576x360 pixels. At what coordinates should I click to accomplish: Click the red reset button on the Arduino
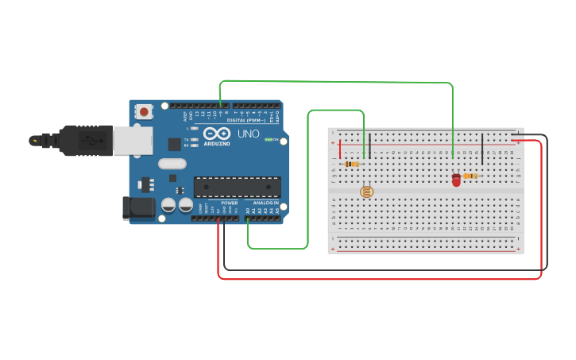[144, 112]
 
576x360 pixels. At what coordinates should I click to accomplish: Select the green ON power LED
[269, 140]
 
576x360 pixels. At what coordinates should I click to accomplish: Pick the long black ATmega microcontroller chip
[237, 187]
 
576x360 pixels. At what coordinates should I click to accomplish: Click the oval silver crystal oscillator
[172, 164]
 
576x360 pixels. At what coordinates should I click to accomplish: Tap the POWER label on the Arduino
[230, 203]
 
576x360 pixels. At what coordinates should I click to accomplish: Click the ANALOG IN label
[265, 203]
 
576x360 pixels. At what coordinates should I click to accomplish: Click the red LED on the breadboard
[456, 180]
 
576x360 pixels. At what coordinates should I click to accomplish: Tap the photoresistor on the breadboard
[365, 192]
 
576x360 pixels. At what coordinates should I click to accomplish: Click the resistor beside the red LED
[470, 176]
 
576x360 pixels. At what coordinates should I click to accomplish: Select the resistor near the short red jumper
[351, 165]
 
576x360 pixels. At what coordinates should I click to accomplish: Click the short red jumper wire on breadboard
[341, 149]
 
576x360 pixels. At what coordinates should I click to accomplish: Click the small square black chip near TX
[174, 144]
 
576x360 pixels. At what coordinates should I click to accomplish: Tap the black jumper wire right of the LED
[482, 149]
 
